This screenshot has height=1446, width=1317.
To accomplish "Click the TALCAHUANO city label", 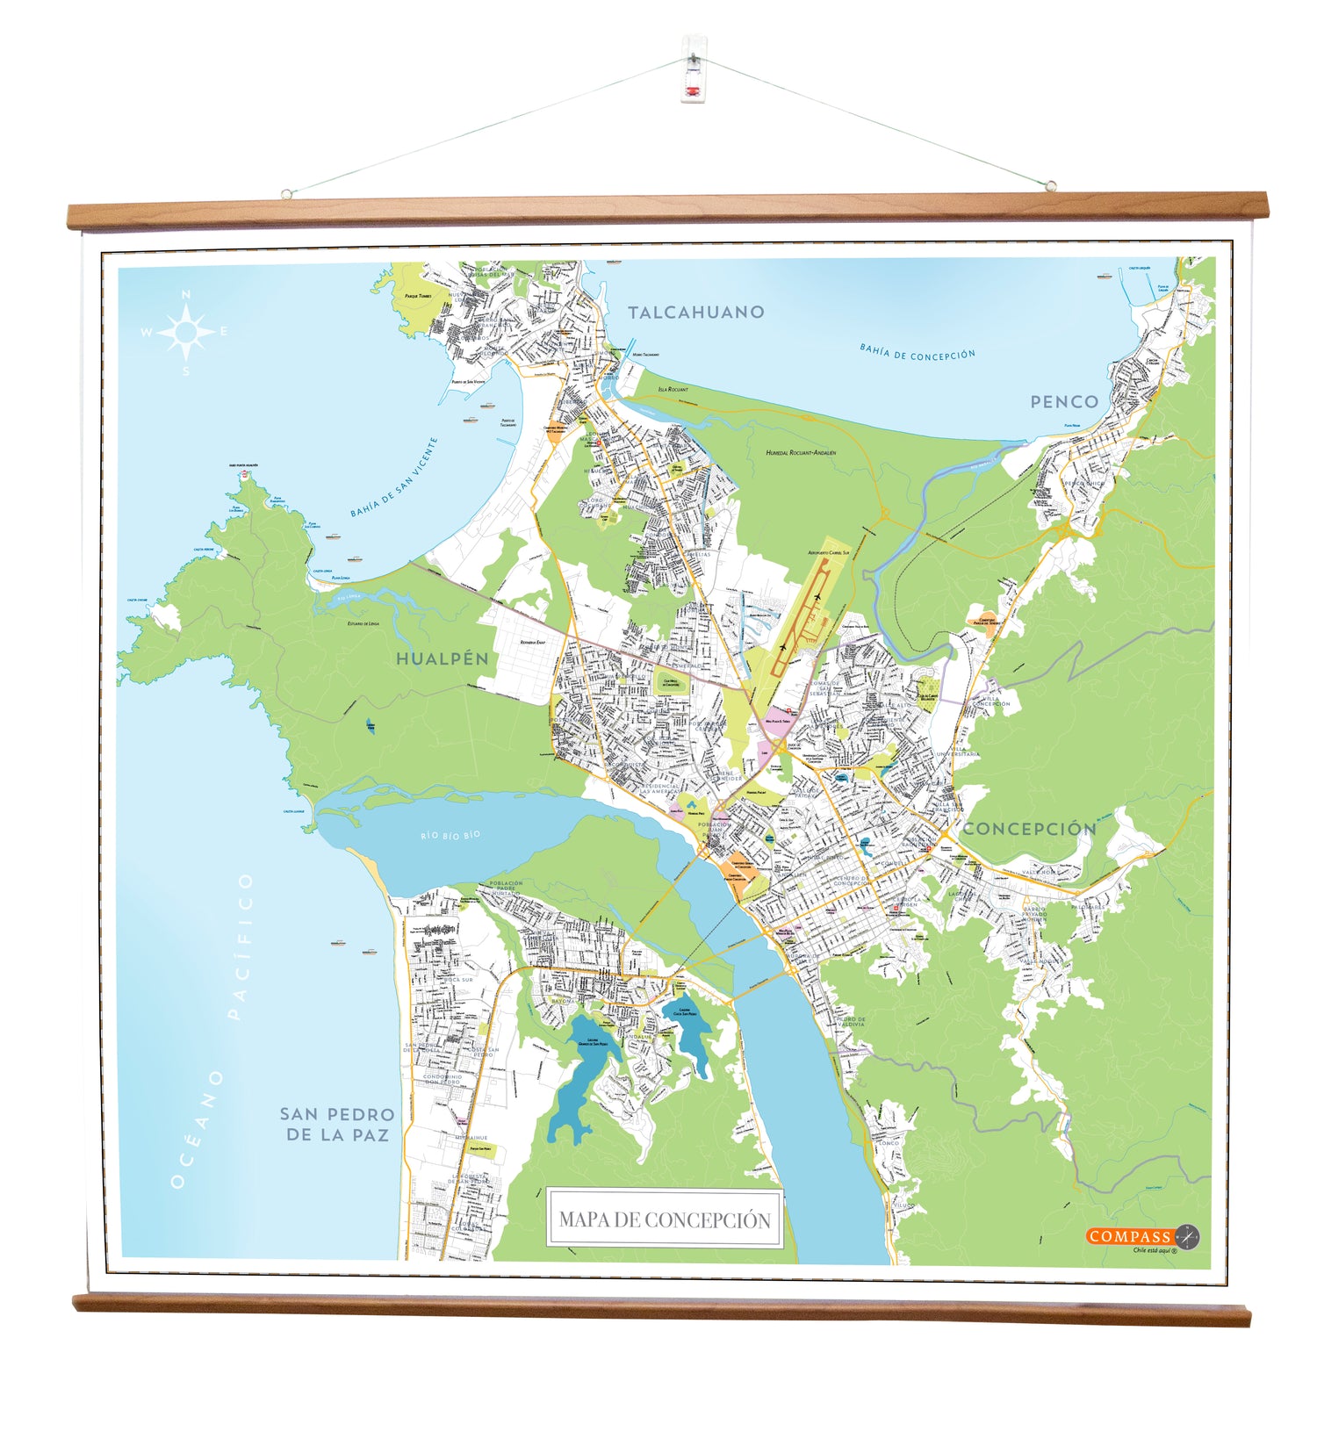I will pos(695,312).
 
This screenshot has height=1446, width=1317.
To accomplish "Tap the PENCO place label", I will pos(1064,402).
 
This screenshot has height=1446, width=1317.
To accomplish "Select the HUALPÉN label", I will pos(442,658).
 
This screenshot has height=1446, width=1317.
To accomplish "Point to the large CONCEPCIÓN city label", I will pos(1030,829).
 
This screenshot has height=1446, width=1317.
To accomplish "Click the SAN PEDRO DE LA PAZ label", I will pos(337,1124).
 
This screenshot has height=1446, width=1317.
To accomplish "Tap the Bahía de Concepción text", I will pos(918,353).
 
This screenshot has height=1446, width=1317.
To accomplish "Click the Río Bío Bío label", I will pos(450,835).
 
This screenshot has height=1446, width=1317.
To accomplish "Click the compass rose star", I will pos(186,333).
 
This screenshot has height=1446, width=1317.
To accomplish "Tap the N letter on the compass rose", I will pos(186,295).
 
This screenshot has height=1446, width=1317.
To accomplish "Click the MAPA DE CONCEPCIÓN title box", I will pos(664,1219).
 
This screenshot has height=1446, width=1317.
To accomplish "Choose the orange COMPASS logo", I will pos(1131,1236).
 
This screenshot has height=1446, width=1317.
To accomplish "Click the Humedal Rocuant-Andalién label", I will pos(801,453).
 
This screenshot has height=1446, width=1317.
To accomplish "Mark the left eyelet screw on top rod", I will pos(286,194).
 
